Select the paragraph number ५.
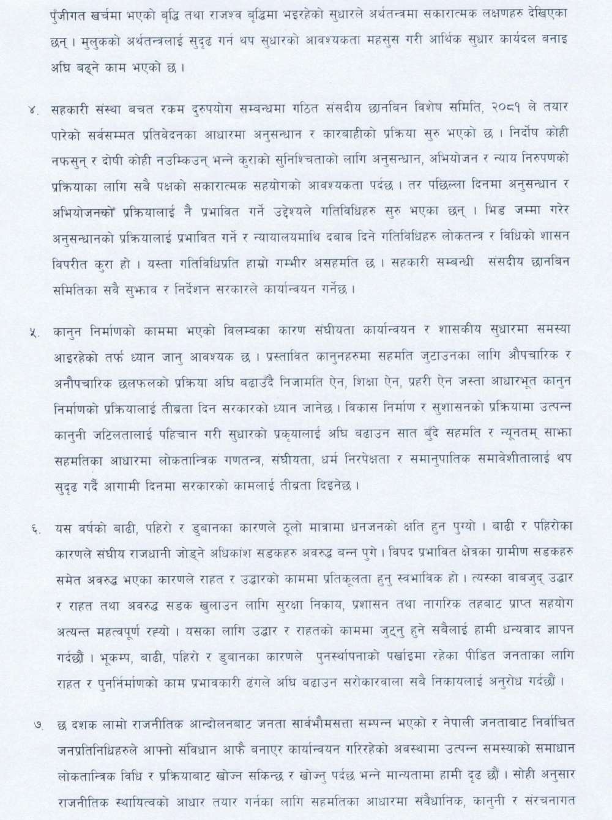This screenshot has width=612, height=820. click(33, 333)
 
